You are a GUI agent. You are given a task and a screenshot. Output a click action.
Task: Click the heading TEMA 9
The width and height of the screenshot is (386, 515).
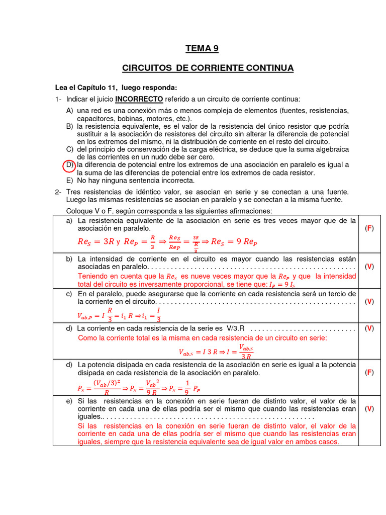[x=202, y=49]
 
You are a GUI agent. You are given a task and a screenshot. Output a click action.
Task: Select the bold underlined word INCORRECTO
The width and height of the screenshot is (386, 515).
[x=139, y=99]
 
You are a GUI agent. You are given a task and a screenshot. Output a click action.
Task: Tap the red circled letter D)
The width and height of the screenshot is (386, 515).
[x=69, y=165]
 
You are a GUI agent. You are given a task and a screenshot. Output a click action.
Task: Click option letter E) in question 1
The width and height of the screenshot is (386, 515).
[x=70, y=181]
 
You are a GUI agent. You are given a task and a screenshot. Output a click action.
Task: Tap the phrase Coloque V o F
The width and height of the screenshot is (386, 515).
[x=91, y=211]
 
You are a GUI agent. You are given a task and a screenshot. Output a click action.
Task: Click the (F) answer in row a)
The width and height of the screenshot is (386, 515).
[x=369, y=228]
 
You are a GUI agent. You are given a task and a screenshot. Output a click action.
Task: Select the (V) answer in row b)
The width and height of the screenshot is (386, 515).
[x=369, y=267]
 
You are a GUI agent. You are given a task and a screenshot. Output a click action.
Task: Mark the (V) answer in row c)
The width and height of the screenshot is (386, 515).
[x=369, y=301]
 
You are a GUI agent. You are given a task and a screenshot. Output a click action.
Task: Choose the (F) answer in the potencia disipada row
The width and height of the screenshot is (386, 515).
[x=369, y=373]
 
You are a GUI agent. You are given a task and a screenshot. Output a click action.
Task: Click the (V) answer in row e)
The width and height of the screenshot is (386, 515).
[x=369, y=409]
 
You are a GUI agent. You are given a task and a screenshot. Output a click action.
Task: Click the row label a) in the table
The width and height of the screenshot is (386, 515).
[x=69, y=220]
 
